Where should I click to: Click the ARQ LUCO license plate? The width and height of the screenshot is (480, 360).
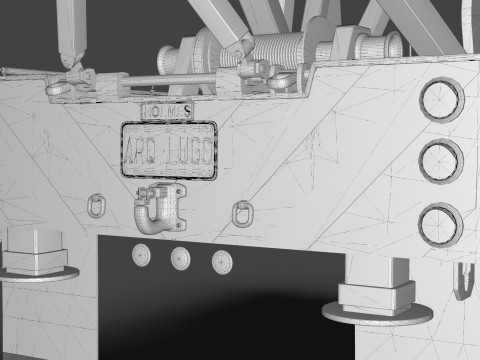(x=169, y=151)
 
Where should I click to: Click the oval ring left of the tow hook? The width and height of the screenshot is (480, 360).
(x=97, y=206)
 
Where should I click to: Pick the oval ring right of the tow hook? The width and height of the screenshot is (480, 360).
(x=241, y=212)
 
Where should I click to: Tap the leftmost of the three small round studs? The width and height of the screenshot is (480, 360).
(x=142, y=256)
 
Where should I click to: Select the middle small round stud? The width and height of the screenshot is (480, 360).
(x=181, y=258)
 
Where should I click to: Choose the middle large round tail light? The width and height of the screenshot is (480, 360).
(x=440, y=162)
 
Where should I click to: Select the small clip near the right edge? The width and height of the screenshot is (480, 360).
(x=462, y=282)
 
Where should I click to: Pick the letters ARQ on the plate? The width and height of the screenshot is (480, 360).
(x=144, y=152)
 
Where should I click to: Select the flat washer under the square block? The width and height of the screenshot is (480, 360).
(x=378, y=313)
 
